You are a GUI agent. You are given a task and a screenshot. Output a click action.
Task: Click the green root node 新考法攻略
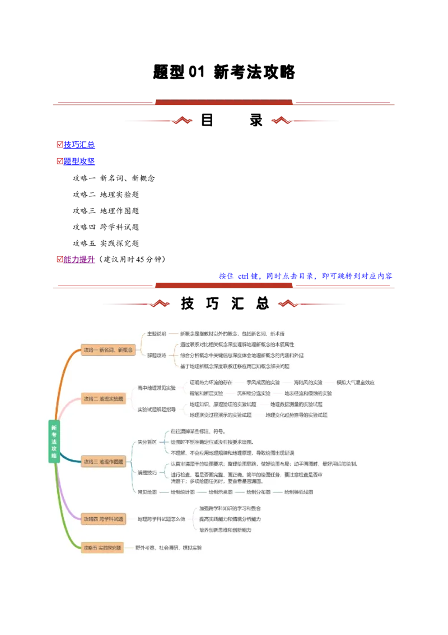[x=54, y=441]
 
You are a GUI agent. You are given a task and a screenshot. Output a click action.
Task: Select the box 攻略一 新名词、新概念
[x=108, y=349]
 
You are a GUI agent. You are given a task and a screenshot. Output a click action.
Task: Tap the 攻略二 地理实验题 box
[x=104, y=399]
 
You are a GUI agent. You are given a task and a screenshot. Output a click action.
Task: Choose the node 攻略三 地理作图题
[x=104, y=462]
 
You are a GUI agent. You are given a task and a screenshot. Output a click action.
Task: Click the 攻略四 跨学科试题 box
[x=104, y=519]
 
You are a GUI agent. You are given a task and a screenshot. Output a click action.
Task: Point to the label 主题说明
[x=156, y=334]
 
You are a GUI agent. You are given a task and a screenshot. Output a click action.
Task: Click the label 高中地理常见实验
[x=156, y=388]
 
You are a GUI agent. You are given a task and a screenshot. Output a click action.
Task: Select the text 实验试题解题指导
[x=156, y=409]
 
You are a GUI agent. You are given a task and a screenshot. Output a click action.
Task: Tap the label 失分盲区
[x=147, y=442]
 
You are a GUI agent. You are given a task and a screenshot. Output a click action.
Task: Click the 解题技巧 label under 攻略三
[x=147, y=473]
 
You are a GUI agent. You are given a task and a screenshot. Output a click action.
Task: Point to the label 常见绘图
[x=147, y=492]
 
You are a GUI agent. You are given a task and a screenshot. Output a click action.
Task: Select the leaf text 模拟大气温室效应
[x=355, y=383]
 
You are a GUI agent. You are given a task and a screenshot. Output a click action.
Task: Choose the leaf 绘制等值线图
[x=298, y=492]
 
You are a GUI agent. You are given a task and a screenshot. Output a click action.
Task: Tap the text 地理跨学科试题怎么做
[x=161, y=519]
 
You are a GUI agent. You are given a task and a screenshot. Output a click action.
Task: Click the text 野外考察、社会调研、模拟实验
[x=169, y=547]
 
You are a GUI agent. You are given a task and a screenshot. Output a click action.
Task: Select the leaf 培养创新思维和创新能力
[x=226, y=530]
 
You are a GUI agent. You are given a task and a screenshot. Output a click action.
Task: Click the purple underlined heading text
[x=80, y=260]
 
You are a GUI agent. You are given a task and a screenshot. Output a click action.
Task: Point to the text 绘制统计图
[x=183, y=492]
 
